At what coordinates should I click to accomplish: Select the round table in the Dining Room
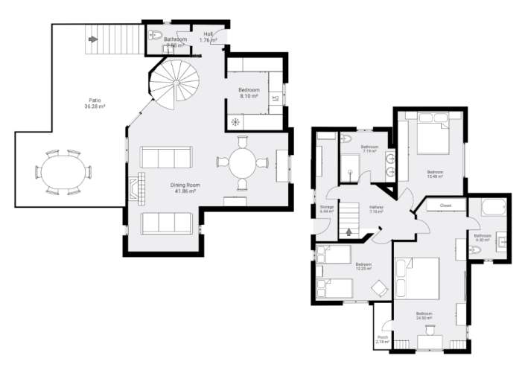click(x=243, y=162)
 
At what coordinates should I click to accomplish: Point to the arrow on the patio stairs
click(x=92, y=39)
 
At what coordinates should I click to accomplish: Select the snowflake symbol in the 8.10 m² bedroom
click(x=235, y=121)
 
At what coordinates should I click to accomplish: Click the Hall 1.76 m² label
click(x=209, y=37)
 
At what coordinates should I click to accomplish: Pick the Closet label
click(x=445, y=204)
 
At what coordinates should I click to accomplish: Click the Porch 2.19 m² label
click(x=382, y=340)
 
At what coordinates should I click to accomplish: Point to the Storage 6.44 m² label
click(x=326, y=209)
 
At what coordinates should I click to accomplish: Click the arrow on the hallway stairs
click(x=349, y=232)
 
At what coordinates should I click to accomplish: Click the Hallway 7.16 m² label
click(x=376, y=209)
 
